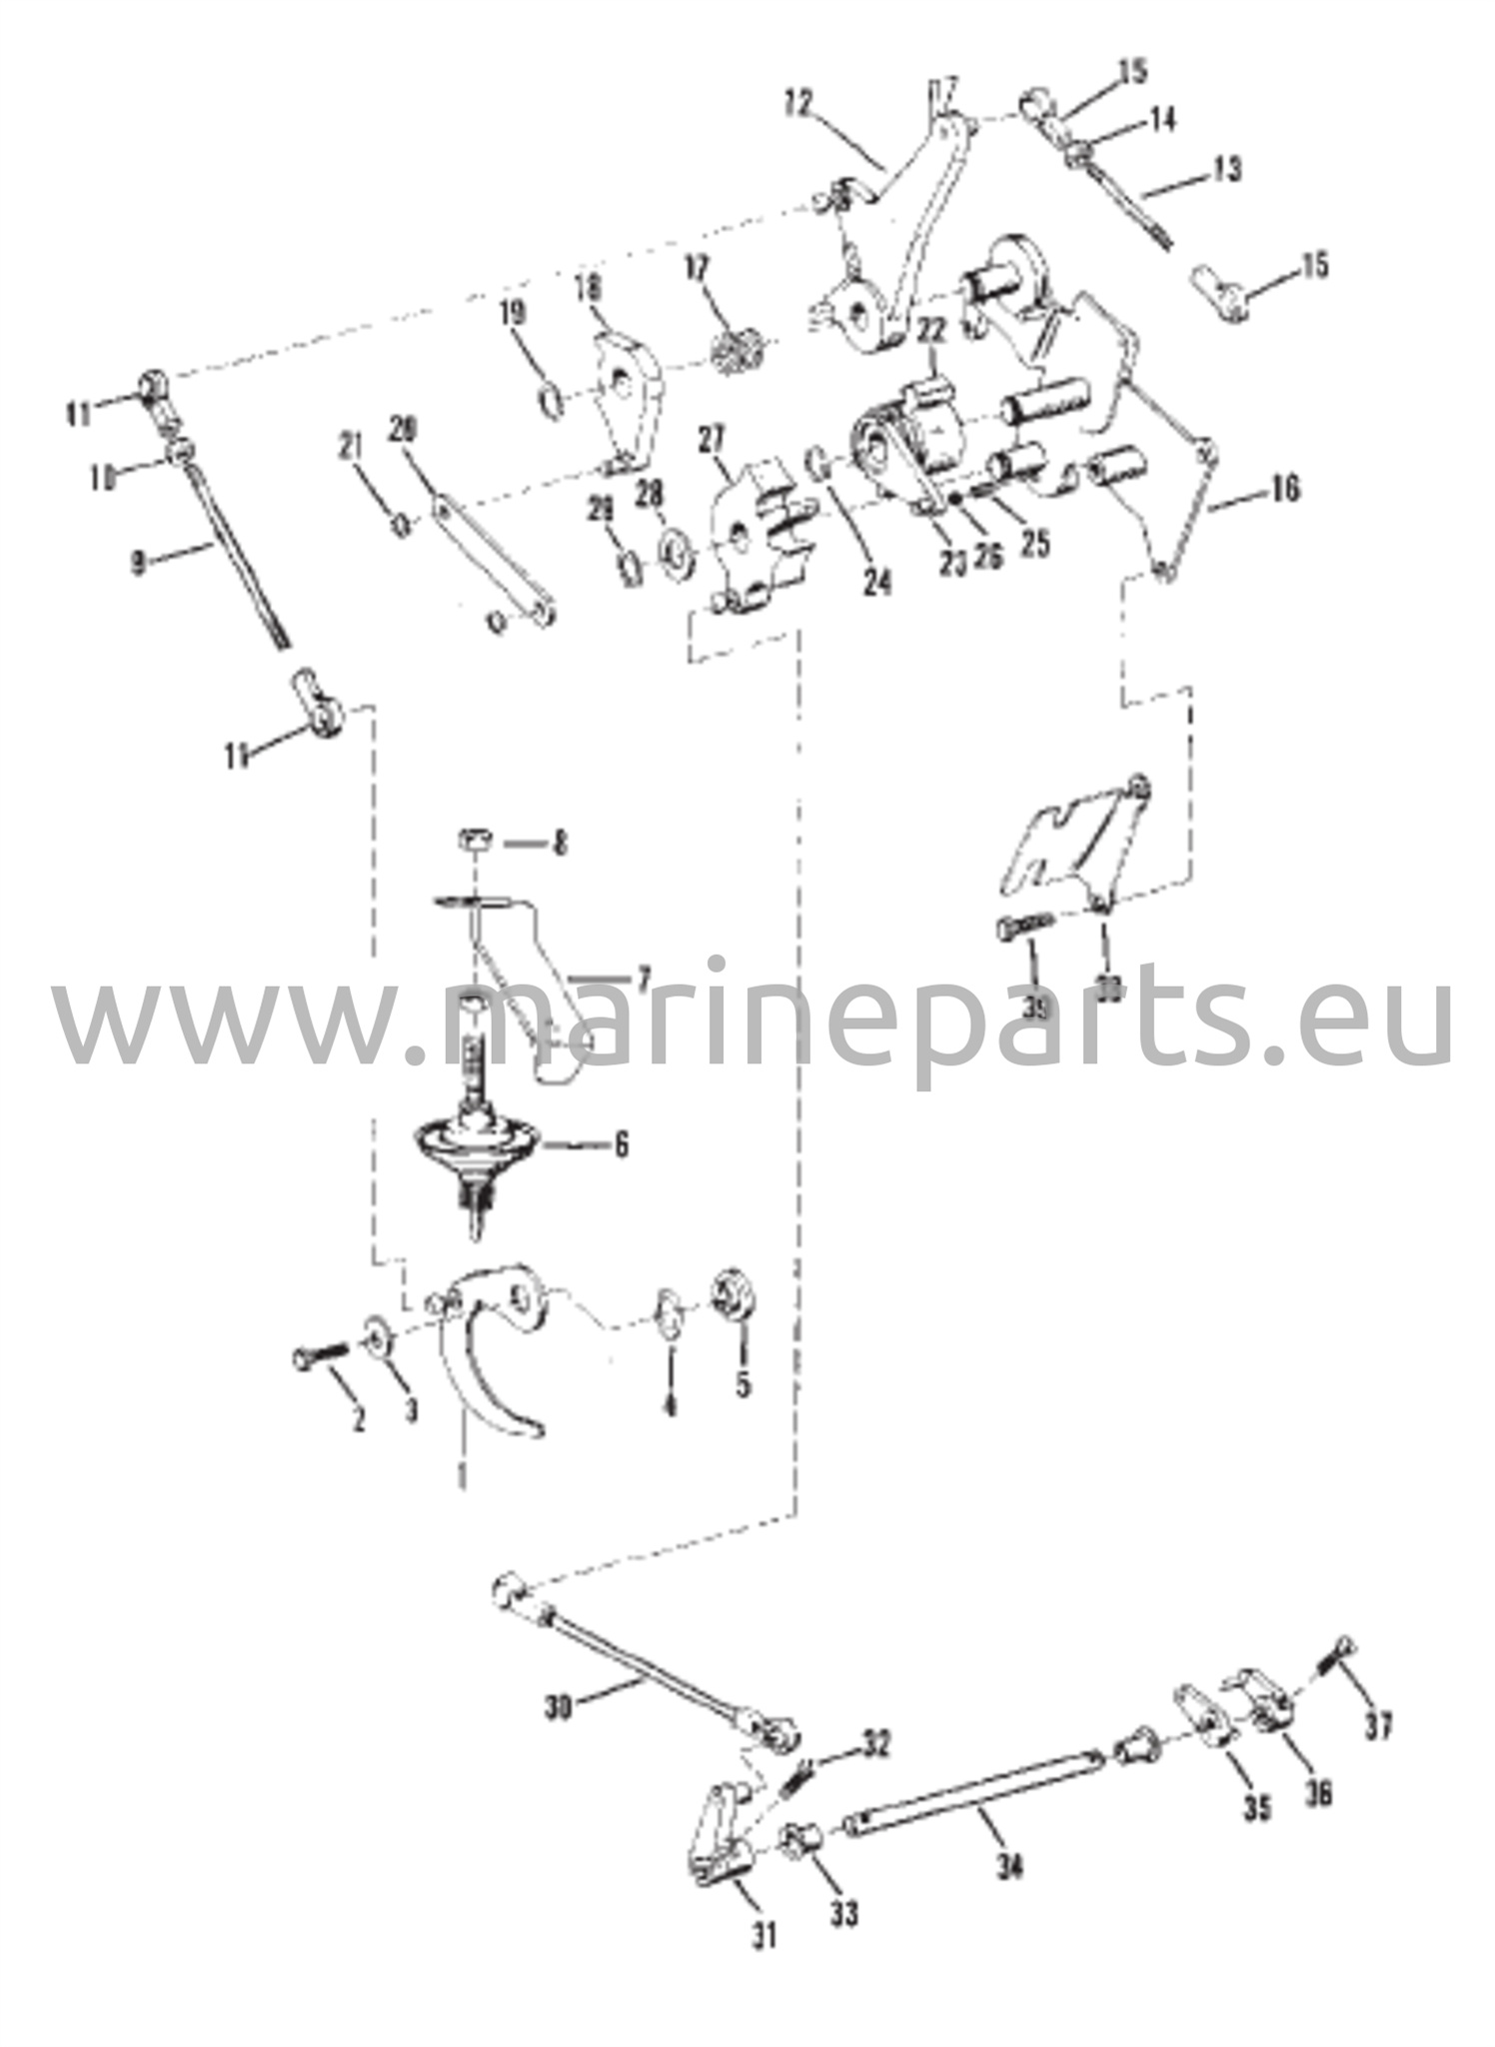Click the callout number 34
click(1010, 1866)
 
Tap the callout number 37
click(1378, 1726)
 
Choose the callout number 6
click(621, 1144)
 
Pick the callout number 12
click(799, 102)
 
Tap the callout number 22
click(931, 331)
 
